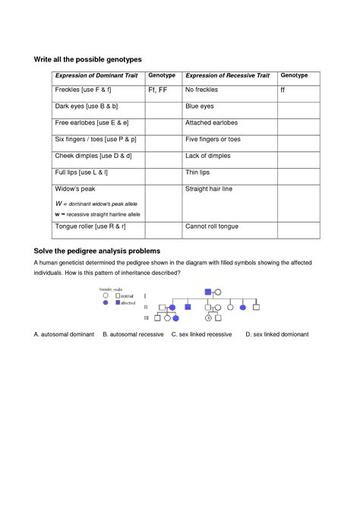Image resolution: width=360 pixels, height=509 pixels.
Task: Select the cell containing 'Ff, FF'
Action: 162,90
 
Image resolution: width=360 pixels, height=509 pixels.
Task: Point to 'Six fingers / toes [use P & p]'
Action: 96,140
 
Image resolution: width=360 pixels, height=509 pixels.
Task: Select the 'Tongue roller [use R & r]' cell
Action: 90,226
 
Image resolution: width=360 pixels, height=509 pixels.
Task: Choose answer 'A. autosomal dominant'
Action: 65,334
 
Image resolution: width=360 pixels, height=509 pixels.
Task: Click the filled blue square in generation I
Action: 207,292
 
